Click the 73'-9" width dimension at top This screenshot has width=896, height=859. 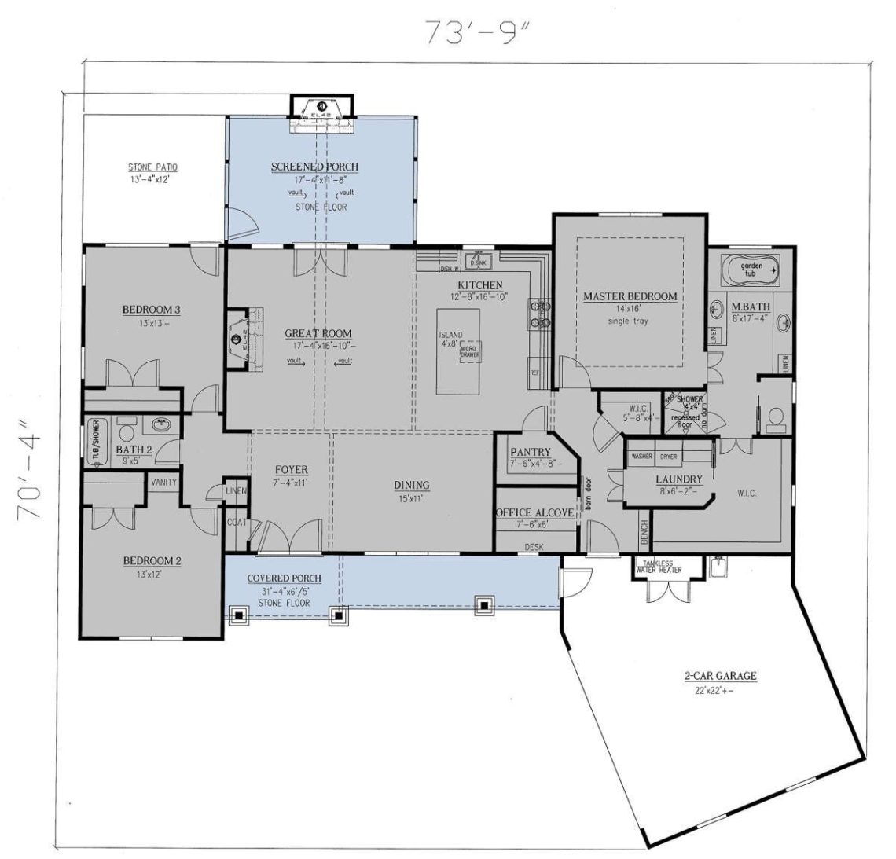point(478,31)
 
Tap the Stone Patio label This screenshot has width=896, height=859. point(152,167)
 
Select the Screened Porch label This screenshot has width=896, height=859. point(314,167)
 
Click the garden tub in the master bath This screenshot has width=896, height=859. point(751,271)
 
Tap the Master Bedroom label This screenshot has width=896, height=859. point(630,296)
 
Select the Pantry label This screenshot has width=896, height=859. point(531,453)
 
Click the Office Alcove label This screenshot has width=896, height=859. point(534,512)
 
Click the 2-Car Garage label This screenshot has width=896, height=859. point(709,676)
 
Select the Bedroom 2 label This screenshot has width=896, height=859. point(152,561)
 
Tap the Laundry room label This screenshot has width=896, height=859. point(678,479)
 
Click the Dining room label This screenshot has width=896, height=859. point(411,485)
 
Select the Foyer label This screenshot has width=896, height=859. point(291,470)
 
